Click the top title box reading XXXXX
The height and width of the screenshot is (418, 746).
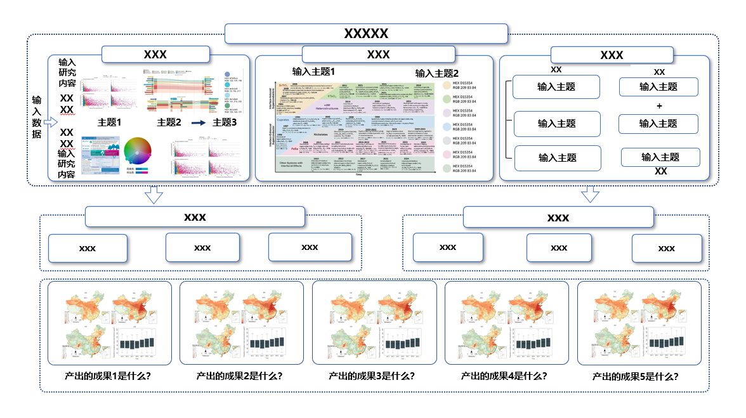pos(366,34)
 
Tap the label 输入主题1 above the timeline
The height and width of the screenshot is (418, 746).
pos(313,71)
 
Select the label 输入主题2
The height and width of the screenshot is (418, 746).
pos(436,73)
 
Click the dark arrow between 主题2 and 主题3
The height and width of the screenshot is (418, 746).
pos(199,122)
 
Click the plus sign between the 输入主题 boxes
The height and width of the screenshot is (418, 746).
pos(658,106)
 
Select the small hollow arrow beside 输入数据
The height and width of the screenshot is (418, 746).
pos(53,116)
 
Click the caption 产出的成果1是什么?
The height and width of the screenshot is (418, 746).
pos(108,376)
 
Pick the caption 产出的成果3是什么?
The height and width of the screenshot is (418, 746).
pos(372,376)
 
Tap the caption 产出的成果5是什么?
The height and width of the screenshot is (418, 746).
pos(635,376)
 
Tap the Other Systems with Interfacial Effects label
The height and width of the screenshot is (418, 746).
pos(293,166)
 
